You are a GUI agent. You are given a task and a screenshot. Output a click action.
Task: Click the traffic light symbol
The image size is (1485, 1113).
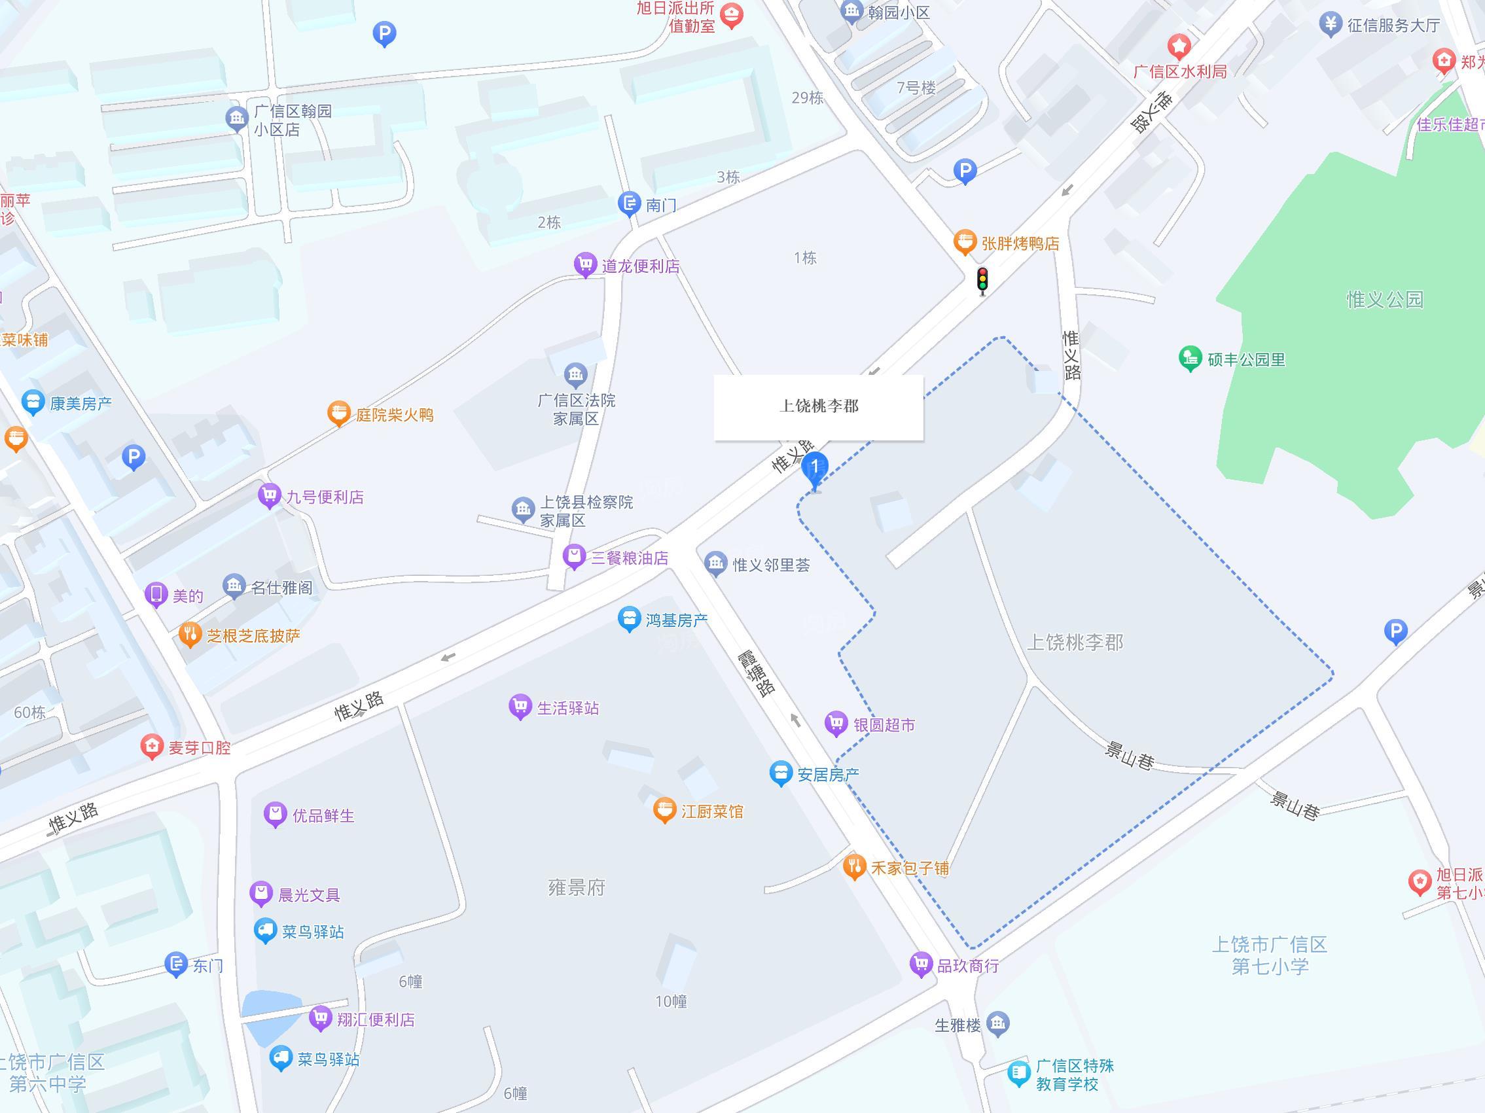click(982, 280)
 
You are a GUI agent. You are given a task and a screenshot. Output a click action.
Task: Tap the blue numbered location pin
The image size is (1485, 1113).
click(814, 468)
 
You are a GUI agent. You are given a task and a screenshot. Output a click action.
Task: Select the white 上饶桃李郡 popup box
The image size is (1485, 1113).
click(818, 407)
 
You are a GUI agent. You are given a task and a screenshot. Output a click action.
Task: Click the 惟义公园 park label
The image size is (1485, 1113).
click(1384, 299)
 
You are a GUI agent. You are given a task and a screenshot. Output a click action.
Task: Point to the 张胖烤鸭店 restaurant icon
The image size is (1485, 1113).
click(965, 242)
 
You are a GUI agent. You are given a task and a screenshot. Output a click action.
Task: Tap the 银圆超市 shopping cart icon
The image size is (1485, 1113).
click(836, 724)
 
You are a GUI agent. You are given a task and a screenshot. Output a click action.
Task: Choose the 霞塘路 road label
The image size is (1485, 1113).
click(757, 673)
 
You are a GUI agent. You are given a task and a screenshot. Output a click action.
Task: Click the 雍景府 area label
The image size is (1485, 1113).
click(577, 887)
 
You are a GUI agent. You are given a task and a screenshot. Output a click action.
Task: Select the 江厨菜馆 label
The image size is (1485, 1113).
click(711, 811)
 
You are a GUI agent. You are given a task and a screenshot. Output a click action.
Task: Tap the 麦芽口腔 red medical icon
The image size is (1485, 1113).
click(152, 747)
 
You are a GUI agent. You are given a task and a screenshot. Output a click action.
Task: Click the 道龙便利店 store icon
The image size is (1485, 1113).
click(584, 265)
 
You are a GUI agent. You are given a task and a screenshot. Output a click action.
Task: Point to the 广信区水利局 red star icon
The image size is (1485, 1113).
click(1179, 47)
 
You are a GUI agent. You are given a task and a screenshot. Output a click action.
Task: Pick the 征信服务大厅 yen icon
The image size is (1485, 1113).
click(1329, 24)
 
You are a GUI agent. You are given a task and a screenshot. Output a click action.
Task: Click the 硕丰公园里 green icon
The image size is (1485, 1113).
click(1190, 359)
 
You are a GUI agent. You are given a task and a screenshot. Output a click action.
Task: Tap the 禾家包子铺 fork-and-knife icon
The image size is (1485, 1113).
click(854, 866)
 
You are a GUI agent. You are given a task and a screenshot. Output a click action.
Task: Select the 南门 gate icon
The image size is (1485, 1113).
click(628, 203)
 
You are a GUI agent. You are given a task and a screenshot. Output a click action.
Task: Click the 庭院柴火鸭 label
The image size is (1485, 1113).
click(394, 415)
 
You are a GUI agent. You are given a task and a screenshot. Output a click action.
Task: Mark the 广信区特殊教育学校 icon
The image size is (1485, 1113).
click(1018, 1074)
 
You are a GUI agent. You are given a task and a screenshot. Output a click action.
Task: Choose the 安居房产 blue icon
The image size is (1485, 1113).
click(780, 773)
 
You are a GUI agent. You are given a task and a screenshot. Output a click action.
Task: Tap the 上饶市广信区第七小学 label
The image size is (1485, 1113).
click(1270, 955)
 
